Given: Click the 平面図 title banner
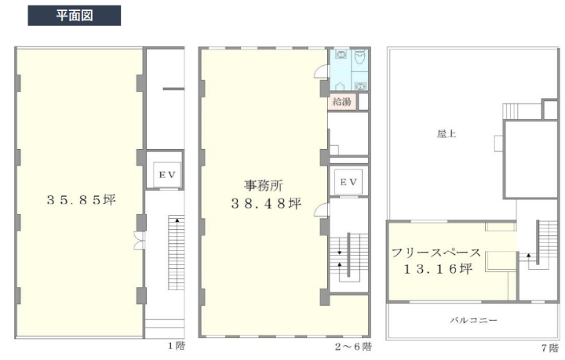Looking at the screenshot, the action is point(75,16).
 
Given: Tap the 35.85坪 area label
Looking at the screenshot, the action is point(81,200).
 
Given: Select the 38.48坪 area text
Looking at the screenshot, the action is point(266,204).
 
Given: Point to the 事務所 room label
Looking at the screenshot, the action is point(264,186).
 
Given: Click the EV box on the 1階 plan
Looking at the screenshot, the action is point(167,175).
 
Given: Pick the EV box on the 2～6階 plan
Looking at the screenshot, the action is point(348,182).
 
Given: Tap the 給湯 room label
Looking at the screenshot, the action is point(341,101).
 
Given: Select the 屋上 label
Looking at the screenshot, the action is point(447,134).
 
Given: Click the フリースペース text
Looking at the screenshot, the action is point(436,253).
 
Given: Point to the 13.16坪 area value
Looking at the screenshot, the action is point(438,269).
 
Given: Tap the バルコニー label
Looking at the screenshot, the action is point(473,320).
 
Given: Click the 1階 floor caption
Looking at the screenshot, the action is point(177,346).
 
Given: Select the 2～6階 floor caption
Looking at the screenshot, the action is point(353,347).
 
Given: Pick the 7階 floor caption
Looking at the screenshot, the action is point(550,347).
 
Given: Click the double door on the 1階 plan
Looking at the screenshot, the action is point(139,241).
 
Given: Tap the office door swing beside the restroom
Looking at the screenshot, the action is point(322,71).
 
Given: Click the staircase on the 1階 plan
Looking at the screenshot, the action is point(177,253).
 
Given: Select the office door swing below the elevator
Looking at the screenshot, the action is point(322,210).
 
